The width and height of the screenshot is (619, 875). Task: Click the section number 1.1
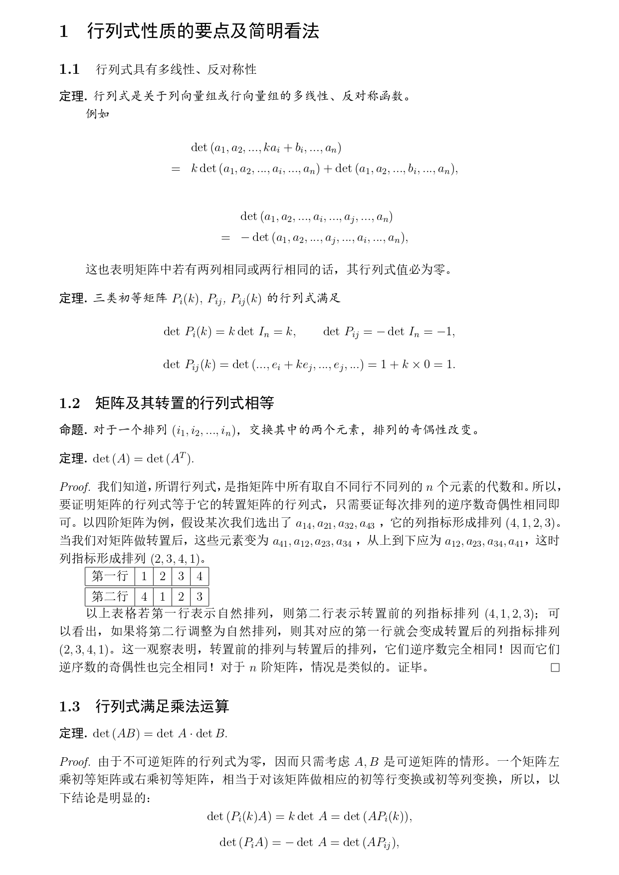point(69,69)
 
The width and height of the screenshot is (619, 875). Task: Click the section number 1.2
point(69,403)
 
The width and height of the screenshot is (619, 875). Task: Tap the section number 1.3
point(69,706)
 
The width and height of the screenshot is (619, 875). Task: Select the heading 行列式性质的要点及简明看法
point(203,31)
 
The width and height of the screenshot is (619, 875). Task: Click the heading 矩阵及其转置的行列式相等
point(185,403)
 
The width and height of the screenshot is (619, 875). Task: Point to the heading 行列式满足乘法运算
point(162,706)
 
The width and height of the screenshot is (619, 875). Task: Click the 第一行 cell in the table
point(110,577)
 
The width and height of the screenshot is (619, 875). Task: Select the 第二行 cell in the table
point(110,597)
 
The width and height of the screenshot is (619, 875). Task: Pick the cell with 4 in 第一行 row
point(200,577)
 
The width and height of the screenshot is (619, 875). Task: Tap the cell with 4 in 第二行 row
point(144,597)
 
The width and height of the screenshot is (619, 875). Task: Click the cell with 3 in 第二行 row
point(200,597)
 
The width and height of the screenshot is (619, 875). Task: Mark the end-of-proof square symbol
point(555,667)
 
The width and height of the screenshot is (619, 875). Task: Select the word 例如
point(97,114)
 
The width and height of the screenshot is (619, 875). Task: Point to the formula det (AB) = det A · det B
point(160,733)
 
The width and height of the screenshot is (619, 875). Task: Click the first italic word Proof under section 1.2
point(75,486)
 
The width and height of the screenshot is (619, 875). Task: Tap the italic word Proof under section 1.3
point(75,762)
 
